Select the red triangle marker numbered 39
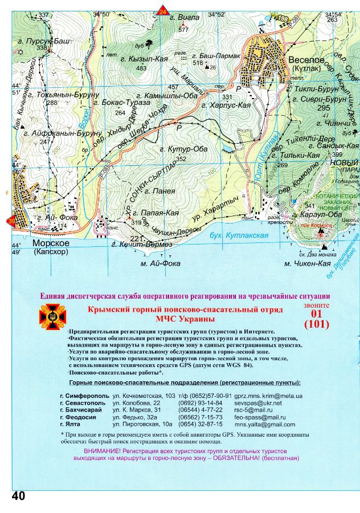click(x=12, y=222)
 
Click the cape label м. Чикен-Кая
click(x=308, y=264)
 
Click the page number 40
click(x=18, y=496)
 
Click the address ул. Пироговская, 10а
click(x=142, y=425)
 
